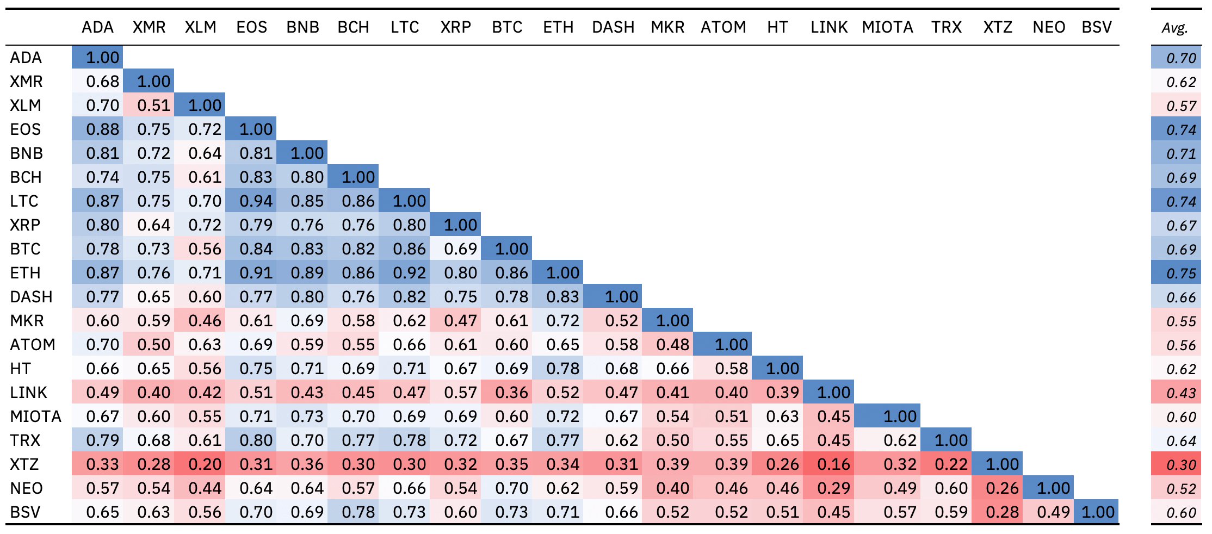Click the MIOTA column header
(x=887, y=27)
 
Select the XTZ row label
(x=24, y=464)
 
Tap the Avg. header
(x=1175, y=28)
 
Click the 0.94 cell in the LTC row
(x=256, y=201)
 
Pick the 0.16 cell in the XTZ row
(x=833, y=464)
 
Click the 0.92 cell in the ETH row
(x=409, y=273)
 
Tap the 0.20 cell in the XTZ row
(x=205, y=464)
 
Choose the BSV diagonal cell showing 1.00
(x=1098, y=512)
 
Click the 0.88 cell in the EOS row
(x=102, y=129)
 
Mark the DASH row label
(x=32, y=297)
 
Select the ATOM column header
(x=723, y=27)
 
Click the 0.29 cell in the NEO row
(x=833, y=488)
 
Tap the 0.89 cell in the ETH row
(x=307, y=273)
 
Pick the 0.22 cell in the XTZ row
(x=951, y=464)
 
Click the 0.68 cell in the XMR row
(x=102, y=82)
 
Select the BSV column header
(x=1097, y=27)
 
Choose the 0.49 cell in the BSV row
(x=1053, y=512)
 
